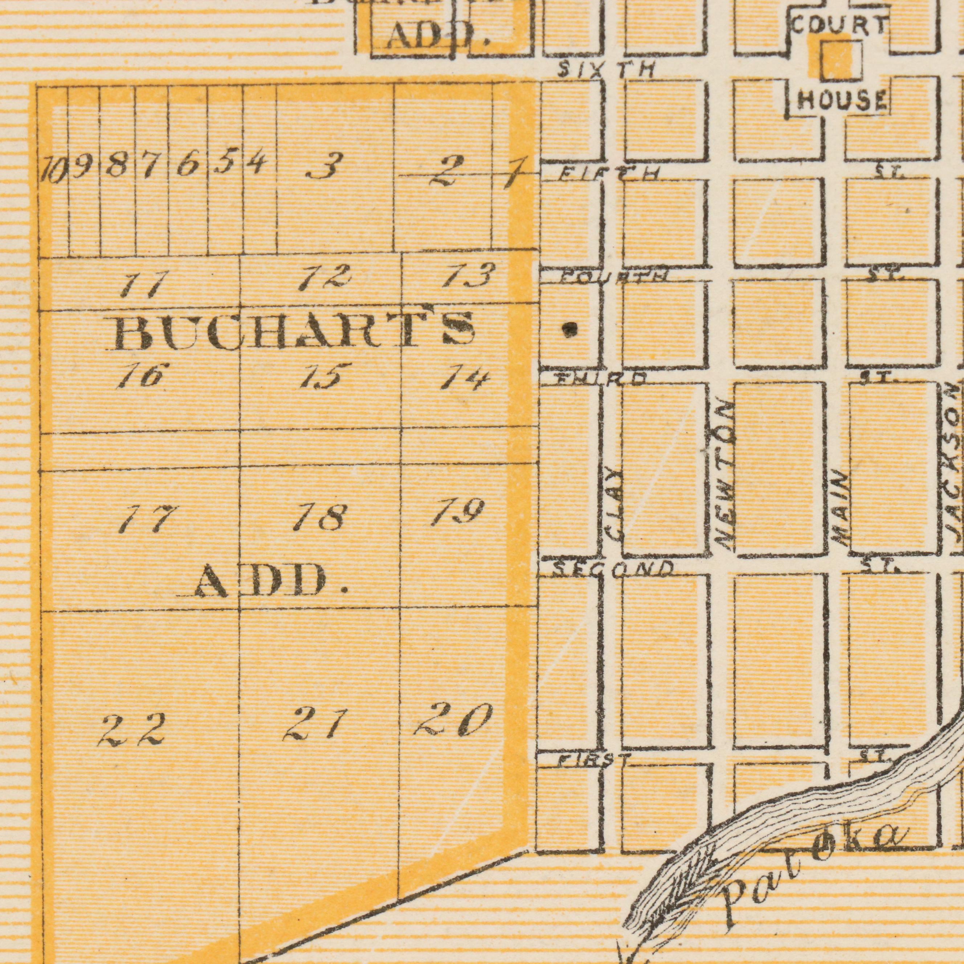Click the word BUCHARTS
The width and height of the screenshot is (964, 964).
tap(292, 331)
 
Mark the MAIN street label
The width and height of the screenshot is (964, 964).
tap(841, 509)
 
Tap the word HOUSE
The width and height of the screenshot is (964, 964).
tap(842, 101)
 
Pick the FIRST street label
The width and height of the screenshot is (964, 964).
tap(592, 760)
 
